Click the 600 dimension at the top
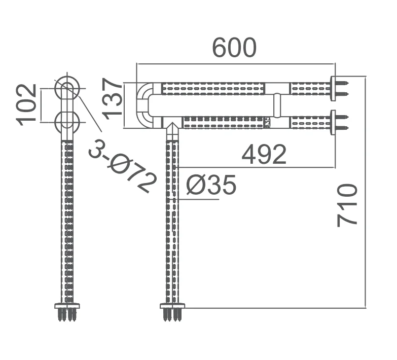(x=234, y=48)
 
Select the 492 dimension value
(x=264, y=154)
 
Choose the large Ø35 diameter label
(x=211, y=186)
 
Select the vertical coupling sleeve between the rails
(x=278, y=105)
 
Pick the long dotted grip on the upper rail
(x=213, y=88)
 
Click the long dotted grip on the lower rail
(x=223, y=122)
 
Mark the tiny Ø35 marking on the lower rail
(x=267, y=122)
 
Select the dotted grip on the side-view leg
(x=67, y=218)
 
